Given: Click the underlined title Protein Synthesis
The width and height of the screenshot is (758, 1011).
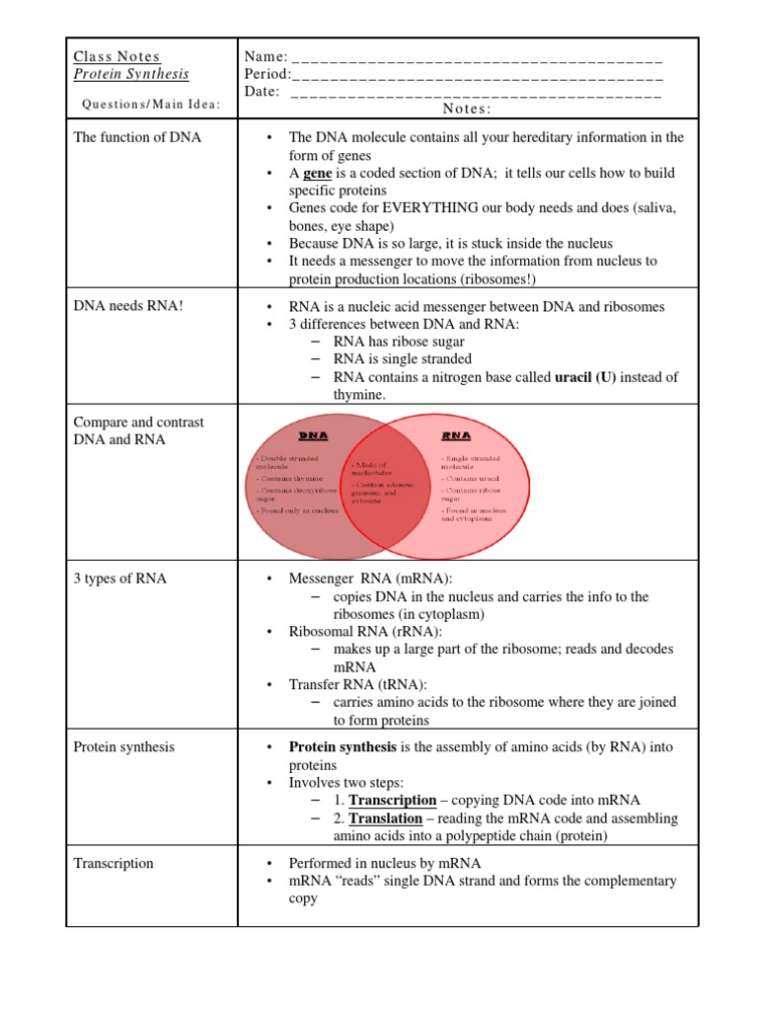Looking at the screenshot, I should (x=131, y=75).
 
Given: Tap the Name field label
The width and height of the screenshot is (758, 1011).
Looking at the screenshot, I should (x=265, y=57).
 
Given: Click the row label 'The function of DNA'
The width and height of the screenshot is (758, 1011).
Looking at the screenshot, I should (x=137, y=137).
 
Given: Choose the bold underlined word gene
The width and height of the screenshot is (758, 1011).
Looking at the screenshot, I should (x=317, y=173).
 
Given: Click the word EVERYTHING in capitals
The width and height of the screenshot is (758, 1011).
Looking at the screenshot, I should (x=430, y=208).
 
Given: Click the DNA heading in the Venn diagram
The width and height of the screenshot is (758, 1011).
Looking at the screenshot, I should (x=313, y=434).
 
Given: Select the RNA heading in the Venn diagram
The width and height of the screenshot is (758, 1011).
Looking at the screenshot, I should (x=457, y=434).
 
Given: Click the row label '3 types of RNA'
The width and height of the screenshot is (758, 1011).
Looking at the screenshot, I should (x=120, y=579).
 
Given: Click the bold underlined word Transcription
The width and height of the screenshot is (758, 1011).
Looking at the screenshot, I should (x=392, y=801).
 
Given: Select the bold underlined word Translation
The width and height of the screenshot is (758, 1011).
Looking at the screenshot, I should (x=386, y=818).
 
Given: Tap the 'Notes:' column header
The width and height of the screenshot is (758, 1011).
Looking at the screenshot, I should (x=468, y=109).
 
